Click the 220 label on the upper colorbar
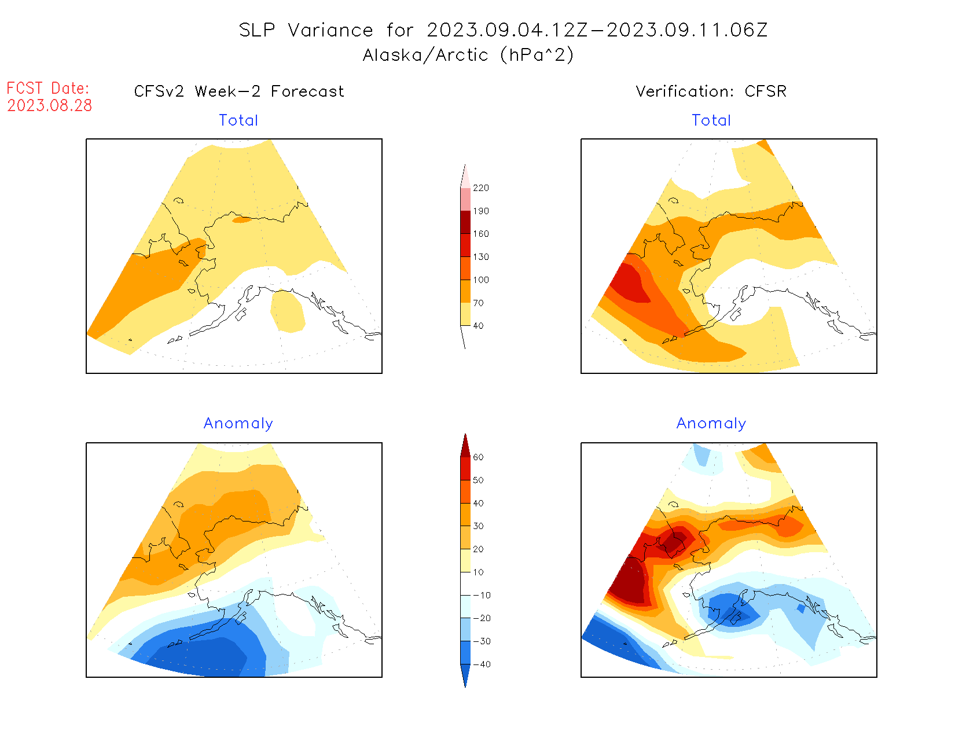point(480,188)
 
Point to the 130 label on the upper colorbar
point(480,257)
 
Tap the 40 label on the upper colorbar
point(478,326)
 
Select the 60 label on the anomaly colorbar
point(478,457)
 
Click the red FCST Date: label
point(48,89)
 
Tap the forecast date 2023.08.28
point(50,106)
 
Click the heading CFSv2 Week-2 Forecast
point(239,91)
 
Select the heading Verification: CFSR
point(711,91)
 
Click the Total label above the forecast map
point(238,120)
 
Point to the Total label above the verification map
point(711,120)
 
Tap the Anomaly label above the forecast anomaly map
point(238,424)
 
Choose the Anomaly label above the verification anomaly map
point(711,424)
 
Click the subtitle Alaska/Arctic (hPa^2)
point(468,55)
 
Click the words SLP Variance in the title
point(306,30)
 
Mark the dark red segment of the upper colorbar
point(465,222)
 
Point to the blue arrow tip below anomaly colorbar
point(465,675)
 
